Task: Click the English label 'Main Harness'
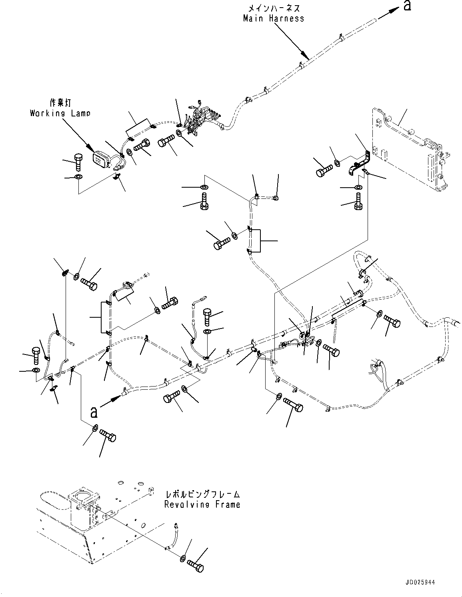274,18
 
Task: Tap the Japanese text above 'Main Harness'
274,8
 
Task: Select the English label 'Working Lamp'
60,113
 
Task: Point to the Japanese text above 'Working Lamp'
60,103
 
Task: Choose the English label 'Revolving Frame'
202,504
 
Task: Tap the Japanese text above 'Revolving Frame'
202,494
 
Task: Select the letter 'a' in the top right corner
407,6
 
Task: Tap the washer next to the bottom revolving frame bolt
182,558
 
